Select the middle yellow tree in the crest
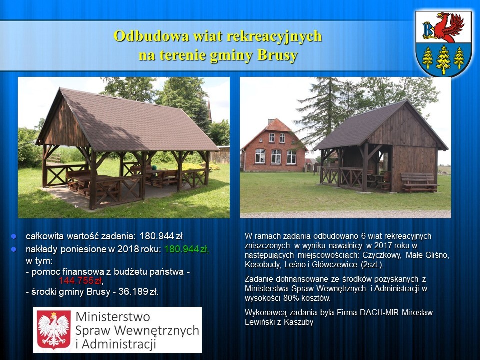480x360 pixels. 443,60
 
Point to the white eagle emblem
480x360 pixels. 54,330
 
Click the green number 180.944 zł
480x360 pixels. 186,249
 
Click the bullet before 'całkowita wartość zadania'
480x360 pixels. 13,236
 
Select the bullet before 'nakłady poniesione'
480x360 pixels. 13,249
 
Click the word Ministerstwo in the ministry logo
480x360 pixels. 113,317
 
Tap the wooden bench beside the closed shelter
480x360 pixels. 419,183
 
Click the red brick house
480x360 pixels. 274,146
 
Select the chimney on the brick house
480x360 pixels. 271,121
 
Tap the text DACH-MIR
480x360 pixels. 379,313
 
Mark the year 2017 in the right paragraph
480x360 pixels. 383,246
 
